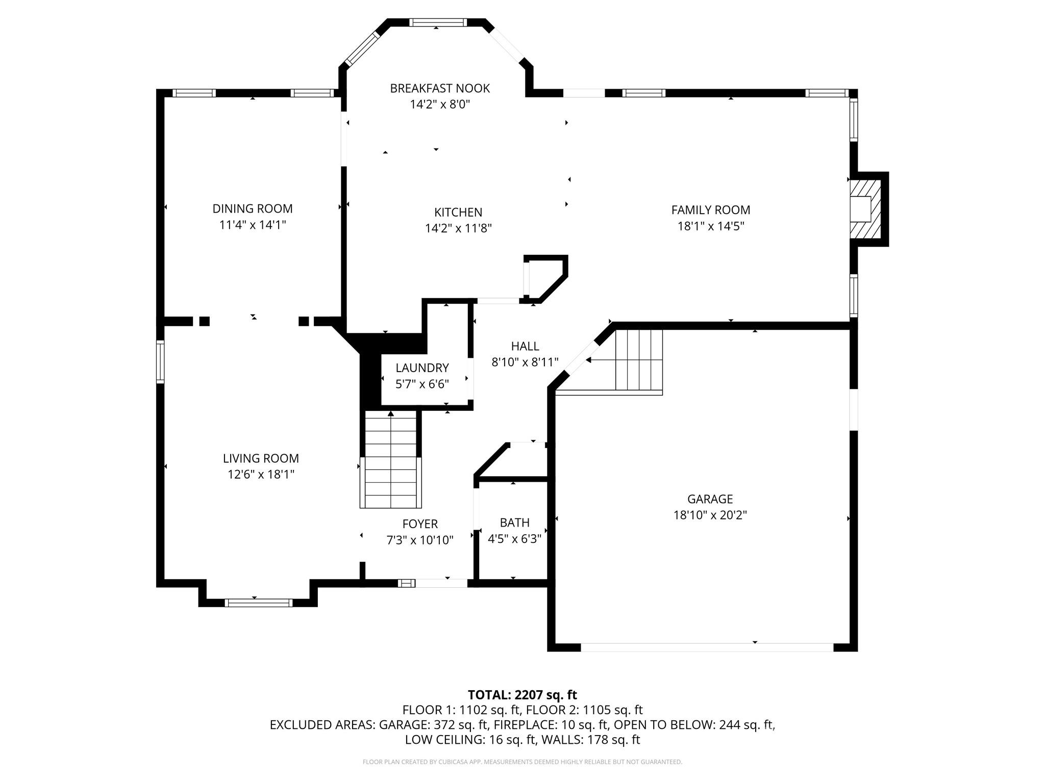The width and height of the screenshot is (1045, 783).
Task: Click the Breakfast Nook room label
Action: tap(440, 89)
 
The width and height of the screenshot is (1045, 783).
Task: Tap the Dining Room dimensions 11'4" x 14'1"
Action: tap(253, 225)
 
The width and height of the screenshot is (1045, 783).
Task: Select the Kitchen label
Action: tap(458, 212)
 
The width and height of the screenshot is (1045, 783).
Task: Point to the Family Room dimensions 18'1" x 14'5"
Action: tap(711, 226)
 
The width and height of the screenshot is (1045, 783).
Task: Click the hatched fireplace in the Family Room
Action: tap(865, 208)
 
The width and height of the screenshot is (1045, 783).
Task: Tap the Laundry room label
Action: tap(422, 368)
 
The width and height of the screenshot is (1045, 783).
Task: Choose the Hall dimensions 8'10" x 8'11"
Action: tap(525, 362)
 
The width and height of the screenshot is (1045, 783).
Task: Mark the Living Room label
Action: tap(261, 458)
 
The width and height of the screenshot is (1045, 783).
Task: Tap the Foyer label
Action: tap(420, 524)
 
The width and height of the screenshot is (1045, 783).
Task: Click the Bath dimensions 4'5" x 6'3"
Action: tap(515, 539)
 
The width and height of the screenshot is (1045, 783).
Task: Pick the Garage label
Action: tap(710, 499)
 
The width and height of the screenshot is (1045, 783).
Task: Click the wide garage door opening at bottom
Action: tap(707, 647)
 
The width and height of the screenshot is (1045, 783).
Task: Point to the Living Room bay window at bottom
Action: tap(259, 603)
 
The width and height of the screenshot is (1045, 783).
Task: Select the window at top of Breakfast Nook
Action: tap(438, 22)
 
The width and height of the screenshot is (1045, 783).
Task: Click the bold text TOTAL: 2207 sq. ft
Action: tap(522, 695)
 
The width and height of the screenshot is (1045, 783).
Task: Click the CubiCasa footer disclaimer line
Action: tap(522, 762)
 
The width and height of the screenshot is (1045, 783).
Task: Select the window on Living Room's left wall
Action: tap(160, 362)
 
